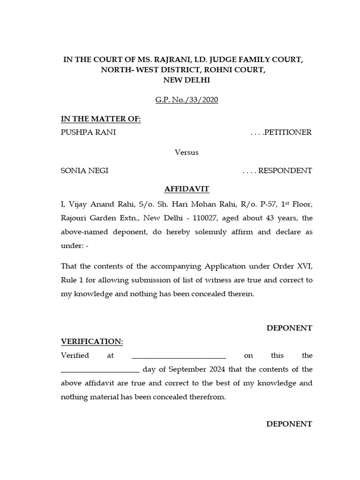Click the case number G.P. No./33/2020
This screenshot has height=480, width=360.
[x=187, y=100]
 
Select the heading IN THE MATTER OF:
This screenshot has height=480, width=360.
[x=101, y=119]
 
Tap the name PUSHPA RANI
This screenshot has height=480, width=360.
[x=88, y=132]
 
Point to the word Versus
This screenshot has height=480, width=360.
[x=187, y=152]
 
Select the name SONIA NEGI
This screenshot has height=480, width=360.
[x=84, y=171]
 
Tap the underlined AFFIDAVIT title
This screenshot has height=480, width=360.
[x=187, y=189]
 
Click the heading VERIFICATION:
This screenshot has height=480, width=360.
[x=92, y=342]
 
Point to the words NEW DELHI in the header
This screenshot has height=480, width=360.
[x=187, y=80]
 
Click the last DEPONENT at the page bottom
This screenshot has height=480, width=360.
[x=289, y=424]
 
